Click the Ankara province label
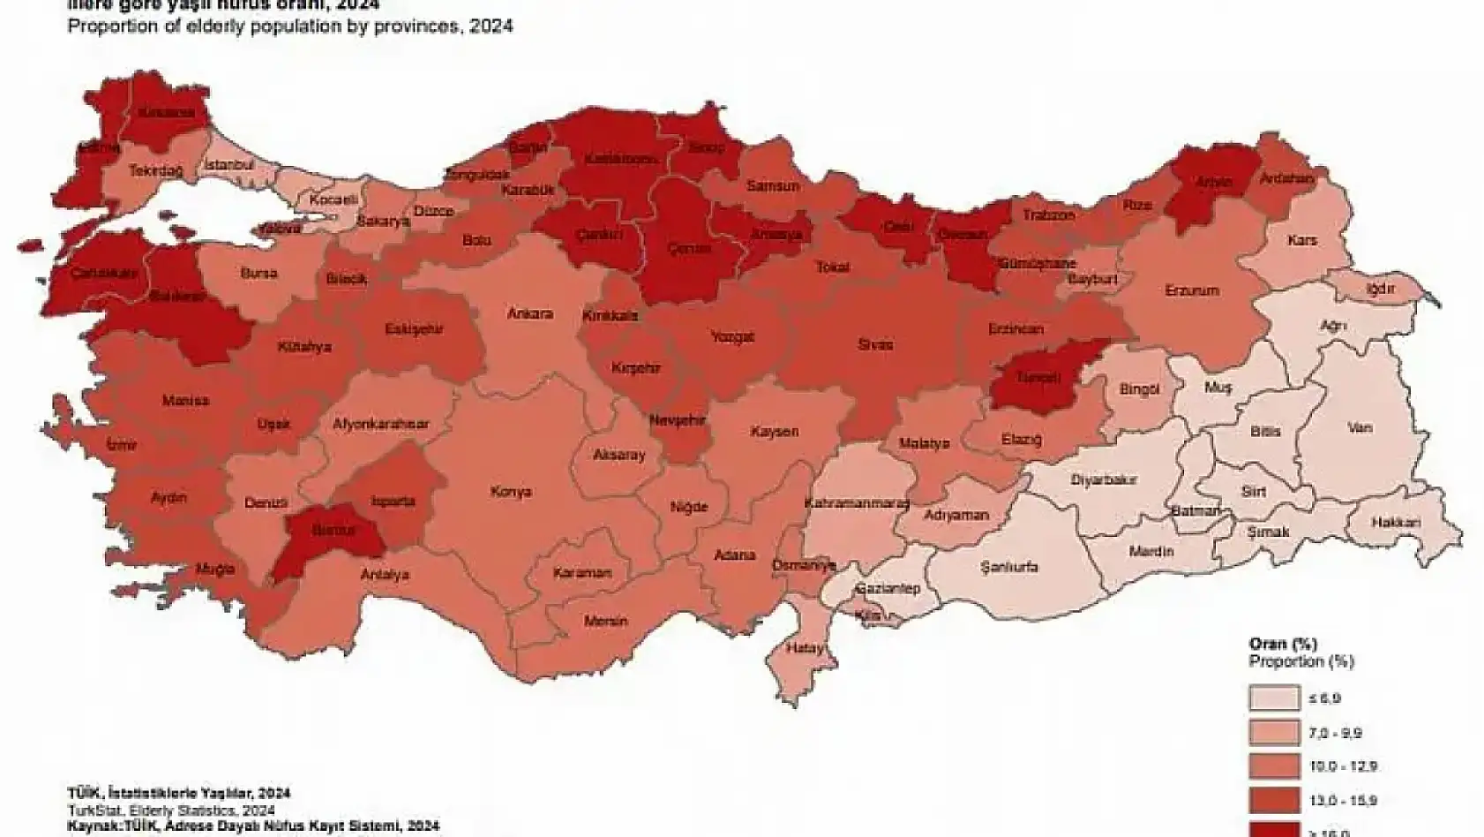point(529,313)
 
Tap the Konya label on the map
point(510,491)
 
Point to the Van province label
point(1360,428)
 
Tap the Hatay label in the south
point(806,648)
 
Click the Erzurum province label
point(1191,290)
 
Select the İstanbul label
point(229,165)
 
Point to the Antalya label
point(385,575)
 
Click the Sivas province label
point(876,344)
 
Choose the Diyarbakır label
point(1103,480)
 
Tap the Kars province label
point(1301,240)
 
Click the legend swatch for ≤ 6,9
point(1273,698)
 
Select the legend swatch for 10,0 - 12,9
point(1273,766)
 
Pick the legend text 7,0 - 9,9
point(1335,733)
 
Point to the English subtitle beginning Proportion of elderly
point(290,26)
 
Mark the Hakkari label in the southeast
point(1396,523)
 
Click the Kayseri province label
point(774,432)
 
